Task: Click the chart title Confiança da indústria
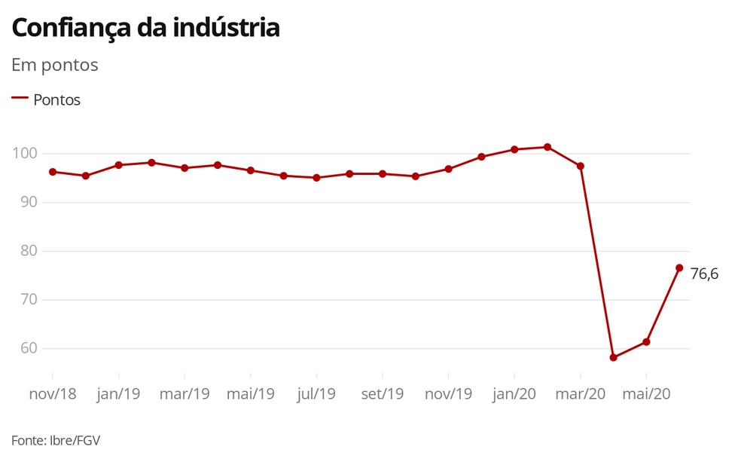coord(145,29)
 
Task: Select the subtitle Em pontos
coord(55,65)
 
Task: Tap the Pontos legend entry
coord(56,99)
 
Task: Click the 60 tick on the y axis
coord(27,348)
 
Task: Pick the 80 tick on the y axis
coord(27,251)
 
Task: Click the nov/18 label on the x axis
coord(53,393)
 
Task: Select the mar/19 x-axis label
coord(184,393)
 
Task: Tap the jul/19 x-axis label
coord(316,393)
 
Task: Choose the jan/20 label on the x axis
coord(514,393)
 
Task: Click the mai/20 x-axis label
coord(646,393)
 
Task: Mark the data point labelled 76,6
coord(679,268)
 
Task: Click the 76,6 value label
coord(704,274)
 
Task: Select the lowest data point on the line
coord(613,357)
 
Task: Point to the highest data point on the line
coord(547,147)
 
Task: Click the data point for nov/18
coord(53,172)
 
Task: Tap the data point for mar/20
coord(580,166)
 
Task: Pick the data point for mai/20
coord(646,342)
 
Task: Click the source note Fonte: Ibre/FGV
coord(56,440)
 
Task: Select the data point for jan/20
coord(514,149)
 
